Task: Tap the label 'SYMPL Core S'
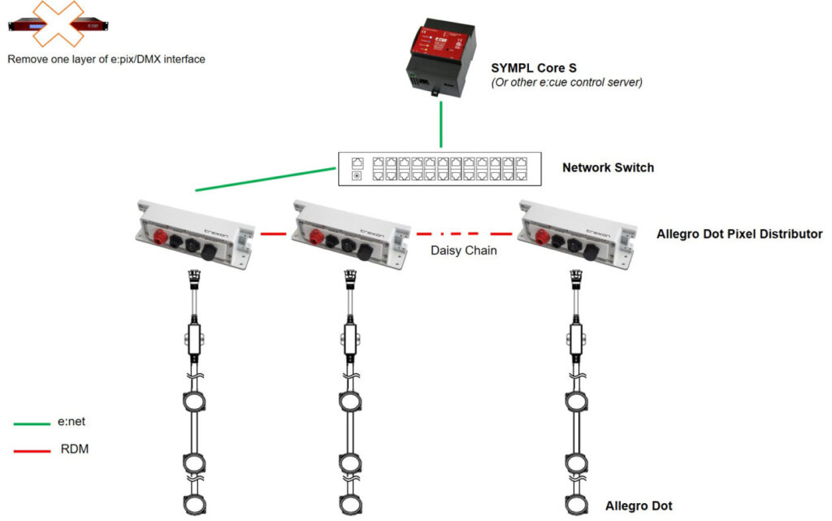click(533, 68)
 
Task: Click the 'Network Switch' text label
click(608, 168)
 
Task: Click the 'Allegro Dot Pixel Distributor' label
click(739, 235)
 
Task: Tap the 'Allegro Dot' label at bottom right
click(639, 506)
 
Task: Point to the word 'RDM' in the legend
click(74, 449)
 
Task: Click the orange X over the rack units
click(58, 24)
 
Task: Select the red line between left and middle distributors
click(275, 234)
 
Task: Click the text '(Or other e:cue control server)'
click(567, 82)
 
